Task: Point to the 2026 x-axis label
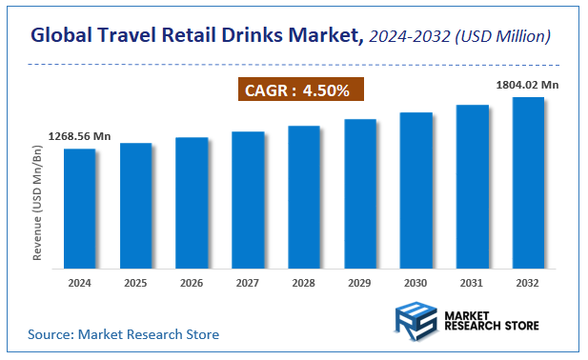click(192, 284)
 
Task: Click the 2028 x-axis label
click(304, 284)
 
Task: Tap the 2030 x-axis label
click(416, 284)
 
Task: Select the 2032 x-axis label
click(528, 284)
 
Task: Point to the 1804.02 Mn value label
click(527, 85)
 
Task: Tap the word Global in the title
click(64, 36)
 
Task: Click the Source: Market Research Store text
click(123, 334)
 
